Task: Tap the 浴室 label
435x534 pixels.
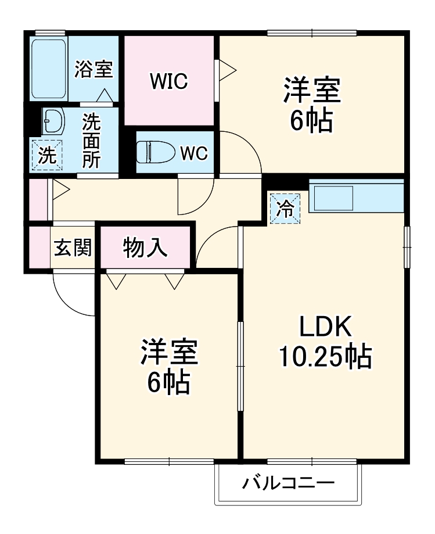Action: [94, 69]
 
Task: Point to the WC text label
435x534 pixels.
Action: [193, 153]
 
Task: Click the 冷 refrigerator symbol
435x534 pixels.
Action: [285, 208]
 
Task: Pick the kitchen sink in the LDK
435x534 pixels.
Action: [333, 198]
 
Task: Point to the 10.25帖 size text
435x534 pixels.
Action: [325, 356]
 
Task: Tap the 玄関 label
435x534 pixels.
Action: [73, 248]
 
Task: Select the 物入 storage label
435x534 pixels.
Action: [145, 248]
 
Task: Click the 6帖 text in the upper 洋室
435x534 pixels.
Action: [312, 120]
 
